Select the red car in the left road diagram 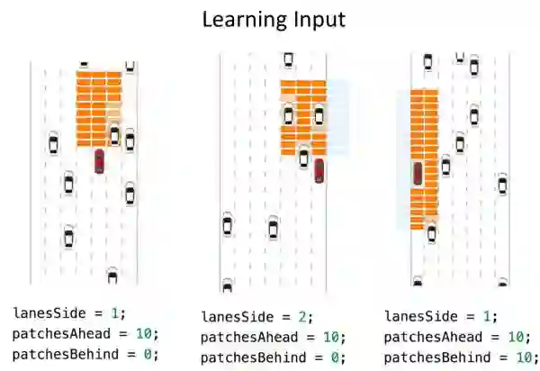click(x=99, y=161)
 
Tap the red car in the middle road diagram click(x=319, y=170)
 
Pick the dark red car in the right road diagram click(x=417, y=173)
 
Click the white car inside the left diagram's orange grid click(x=114, y=135)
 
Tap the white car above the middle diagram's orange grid click(x=288, y=60)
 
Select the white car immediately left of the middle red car click(x=303, y=158)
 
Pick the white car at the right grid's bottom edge click(x=431, y=233)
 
